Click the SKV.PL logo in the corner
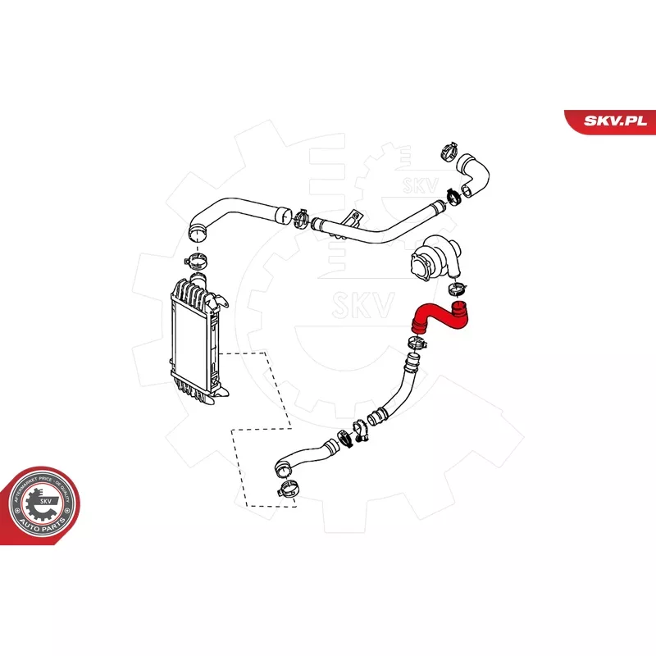[615, 120]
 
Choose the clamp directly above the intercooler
[197, 262]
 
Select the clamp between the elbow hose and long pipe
[453, 195]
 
